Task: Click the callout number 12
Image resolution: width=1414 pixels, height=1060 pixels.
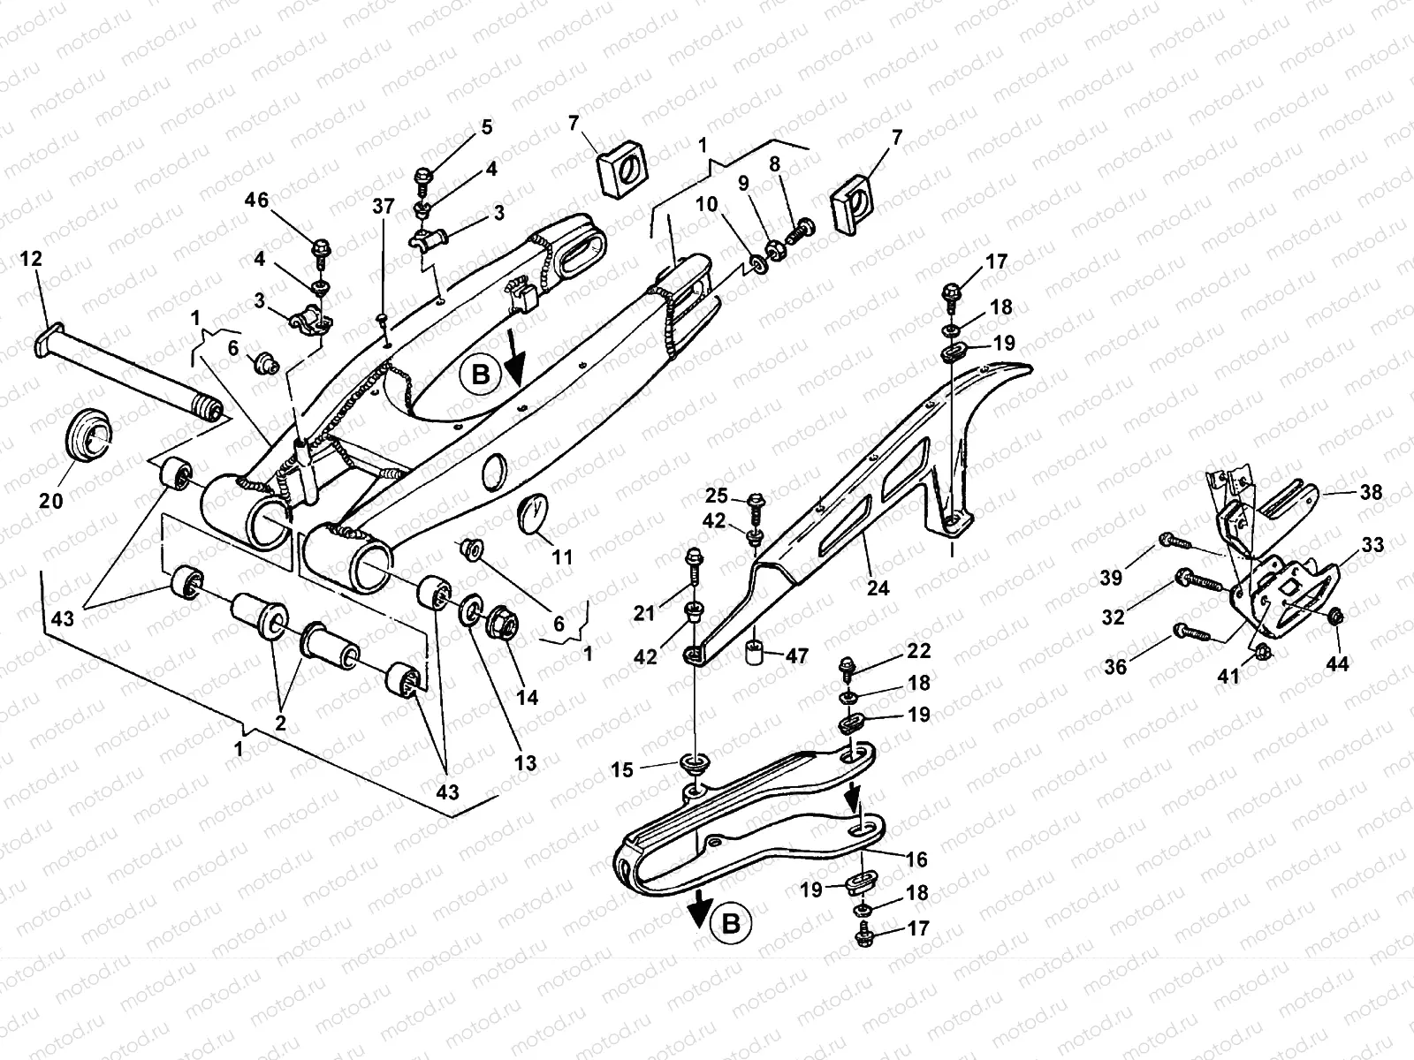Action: pos(31,259)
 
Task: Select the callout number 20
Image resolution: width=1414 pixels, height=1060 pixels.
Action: pos(52,501)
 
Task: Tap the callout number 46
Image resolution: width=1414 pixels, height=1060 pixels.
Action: pos(257,201)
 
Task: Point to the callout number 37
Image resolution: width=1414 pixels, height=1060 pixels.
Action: pos(383,207)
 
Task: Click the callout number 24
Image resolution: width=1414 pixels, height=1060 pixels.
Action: pos(878,587)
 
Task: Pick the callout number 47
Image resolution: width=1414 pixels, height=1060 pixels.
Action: pos(797,655)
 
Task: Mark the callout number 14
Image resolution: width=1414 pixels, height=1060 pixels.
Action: pos(528,697)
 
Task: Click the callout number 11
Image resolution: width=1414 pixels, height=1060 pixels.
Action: pos(562,557)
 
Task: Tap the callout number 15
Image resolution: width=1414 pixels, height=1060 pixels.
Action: pos(622,770)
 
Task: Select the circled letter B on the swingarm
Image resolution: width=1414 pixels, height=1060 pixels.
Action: pos(480,375)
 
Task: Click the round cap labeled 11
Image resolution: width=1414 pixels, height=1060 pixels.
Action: pos(532,513)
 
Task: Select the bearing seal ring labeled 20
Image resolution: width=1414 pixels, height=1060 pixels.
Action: pos(88,436)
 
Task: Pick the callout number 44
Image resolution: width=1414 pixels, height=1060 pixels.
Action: pos(1338,663)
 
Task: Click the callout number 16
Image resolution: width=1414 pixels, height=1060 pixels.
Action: pos(916,859)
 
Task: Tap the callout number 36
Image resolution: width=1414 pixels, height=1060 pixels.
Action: pos(1116,666)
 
